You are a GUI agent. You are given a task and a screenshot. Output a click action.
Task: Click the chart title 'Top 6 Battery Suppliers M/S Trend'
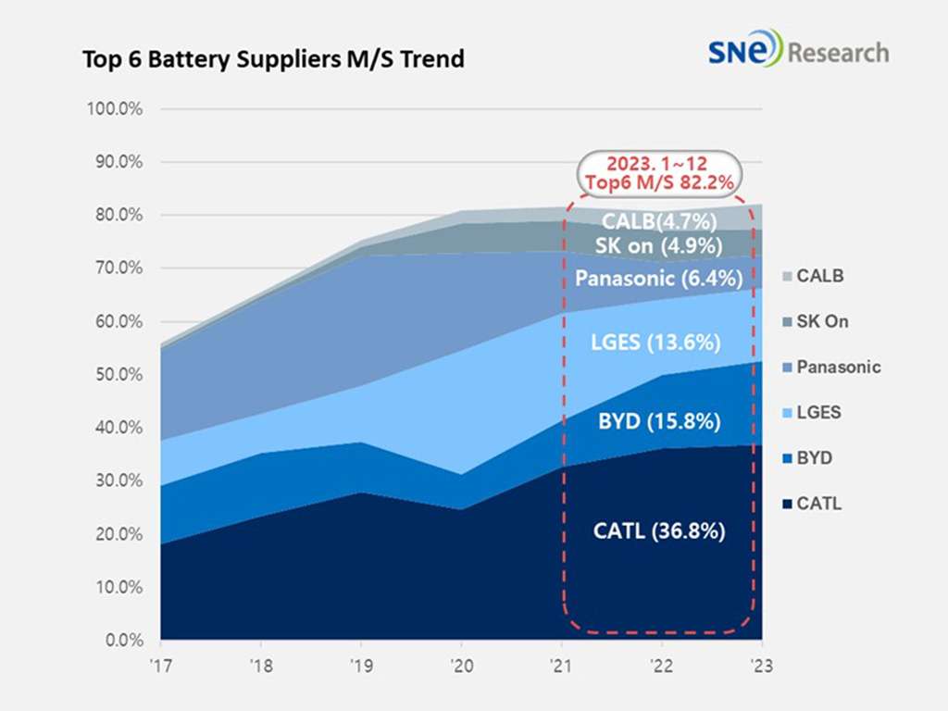(x=273, y=59)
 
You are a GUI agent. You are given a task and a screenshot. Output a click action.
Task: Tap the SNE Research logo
(x=798, y=50)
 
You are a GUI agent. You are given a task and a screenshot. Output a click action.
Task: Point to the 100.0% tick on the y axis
(x=115, y=109)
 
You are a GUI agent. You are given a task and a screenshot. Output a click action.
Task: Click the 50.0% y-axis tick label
(x=118, y=375)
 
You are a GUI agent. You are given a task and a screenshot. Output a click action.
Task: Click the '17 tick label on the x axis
(x=161, y=666)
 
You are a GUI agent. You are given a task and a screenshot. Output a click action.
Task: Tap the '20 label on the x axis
(x=461, y=666)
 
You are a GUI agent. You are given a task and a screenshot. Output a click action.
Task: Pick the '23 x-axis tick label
(x=761, y=666)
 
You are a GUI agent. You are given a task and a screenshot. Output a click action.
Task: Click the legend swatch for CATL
(x=786, y=505)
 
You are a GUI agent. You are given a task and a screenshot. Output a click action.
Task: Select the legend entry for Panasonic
(x=829, y=368)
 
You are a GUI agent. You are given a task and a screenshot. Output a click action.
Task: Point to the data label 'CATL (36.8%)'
(x=659, y=531)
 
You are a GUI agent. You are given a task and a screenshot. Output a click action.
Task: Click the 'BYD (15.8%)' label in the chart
(x=659, y=422)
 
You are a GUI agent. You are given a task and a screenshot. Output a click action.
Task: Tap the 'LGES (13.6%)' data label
(x=659, y=343)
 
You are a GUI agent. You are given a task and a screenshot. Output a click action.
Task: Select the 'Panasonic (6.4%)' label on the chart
(x=659, y=278)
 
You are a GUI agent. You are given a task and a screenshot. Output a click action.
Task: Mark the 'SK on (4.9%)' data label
(x=659, y=246)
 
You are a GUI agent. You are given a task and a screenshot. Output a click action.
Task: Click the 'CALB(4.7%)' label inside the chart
(x=659, y=220)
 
